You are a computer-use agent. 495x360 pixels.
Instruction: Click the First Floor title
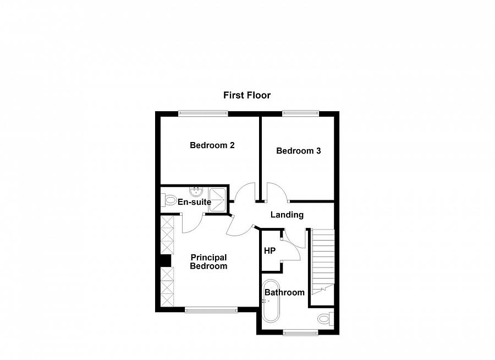tap(246, 95)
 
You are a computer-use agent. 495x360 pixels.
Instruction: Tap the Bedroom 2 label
tap(212, 145)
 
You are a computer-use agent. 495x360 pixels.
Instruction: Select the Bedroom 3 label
tap(298, 150)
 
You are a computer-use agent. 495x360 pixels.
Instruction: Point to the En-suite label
tap(194, 202)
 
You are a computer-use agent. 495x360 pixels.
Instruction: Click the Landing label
tap(287, 215)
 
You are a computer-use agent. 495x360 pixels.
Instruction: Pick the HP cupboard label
tap(269, 251)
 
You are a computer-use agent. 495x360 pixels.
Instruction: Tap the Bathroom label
tap(284, 292)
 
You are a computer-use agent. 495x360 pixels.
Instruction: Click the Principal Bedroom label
tap(208, 261)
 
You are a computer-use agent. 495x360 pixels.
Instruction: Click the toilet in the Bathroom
tap(326, 319)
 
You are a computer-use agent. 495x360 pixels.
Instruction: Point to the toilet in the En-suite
tap(168, 201)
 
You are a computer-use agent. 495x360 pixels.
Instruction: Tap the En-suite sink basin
tap(196, 192)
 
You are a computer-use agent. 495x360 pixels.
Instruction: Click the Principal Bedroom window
tap(211, 310)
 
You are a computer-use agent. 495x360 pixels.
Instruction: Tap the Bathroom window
tap(300, 332)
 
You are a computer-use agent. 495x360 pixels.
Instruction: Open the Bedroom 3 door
tap(275, 192)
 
